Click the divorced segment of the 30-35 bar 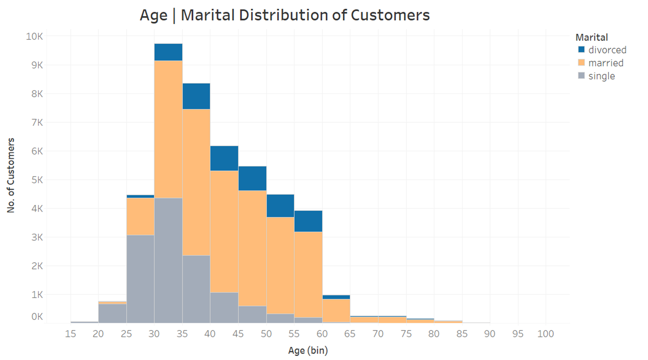click(x=168, y=52)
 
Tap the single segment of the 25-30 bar click(x=140, y=279)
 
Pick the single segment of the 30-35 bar click(x=168, y=260)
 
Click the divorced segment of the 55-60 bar click(x=308, y=221)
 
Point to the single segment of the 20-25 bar click(x=112, y=313)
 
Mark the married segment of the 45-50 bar click(x=252, y=248)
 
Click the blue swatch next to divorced click(x=581, y=50)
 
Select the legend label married click(x=606, y=63)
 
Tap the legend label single click(x=601, y=76)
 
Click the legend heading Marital click(x=592, y=37)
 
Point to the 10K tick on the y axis click(x=34, y=37)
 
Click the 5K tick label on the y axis click(x=36, y=180)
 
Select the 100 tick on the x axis click(x=545, y=334)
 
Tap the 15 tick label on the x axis click(x=71, y=334)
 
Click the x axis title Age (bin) click(x=308, y=350)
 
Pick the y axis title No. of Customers click(x=11, y=175)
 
